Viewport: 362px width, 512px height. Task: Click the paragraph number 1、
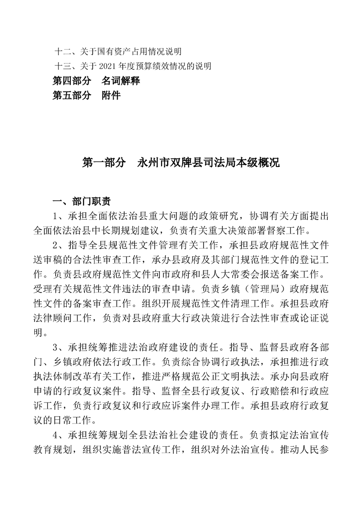click(x=60, y=216)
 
